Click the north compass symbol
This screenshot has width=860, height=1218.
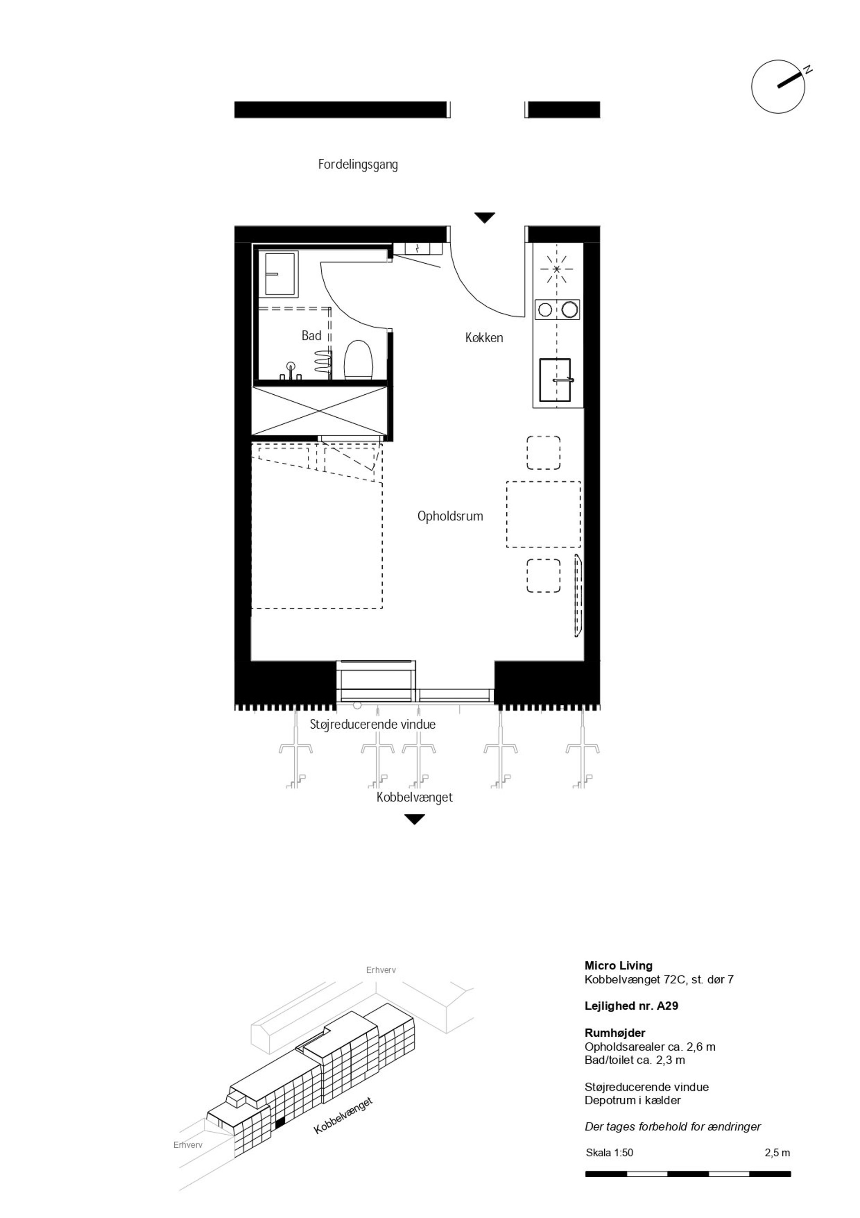779,86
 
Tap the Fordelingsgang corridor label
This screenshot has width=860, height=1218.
358,164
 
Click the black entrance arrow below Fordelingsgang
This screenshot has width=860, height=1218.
485,217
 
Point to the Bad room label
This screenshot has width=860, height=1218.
311,335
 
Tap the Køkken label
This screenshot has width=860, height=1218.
484,337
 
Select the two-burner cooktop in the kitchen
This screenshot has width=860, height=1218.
557,309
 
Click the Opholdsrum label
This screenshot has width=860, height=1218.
450,516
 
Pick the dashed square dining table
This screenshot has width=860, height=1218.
544,514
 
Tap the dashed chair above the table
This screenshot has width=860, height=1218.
544,452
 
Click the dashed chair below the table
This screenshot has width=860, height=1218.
544,576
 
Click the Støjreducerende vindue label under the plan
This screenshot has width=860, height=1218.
373,724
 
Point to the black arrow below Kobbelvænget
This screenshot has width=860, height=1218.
415,820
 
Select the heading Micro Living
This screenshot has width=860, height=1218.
618,966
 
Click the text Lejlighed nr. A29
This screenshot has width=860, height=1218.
632,1005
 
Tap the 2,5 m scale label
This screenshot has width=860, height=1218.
777,1152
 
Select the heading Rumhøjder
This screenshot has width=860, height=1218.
615,1033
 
